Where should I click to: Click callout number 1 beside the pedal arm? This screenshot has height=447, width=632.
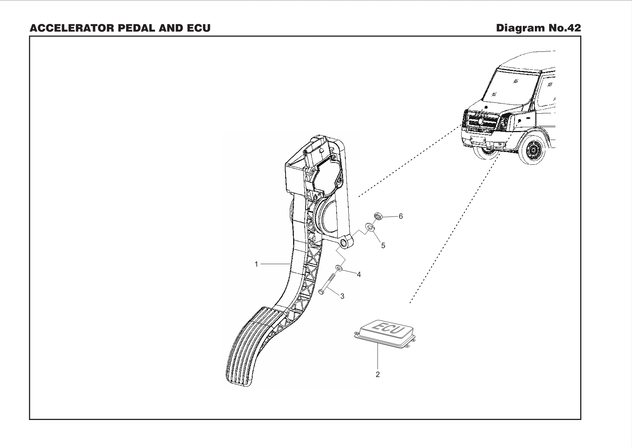point(256,264)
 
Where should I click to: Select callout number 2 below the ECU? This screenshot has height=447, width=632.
point(378,374)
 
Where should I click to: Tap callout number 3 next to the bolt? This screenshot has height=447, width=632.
point(342,296)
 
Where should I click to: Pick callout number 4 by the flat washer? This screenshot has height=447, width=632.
point(359,275)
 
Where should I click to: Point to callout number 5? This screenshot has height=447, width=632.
point(383,246)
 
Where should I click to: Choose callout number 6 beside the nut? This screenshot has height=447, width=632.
point(401,216)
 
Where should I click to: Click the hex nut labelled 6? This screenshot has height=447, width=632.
point(378,216)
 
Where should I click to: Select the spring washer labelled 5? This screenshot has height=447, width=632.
point(369,227)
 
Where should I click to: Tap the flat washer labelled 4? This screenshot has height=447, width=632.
point(338,268)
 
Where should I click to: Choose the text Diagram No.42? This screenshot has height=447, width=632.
point(538,28)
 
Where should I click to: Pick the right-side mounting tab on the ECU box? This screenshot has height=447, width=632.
point(413,340)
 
